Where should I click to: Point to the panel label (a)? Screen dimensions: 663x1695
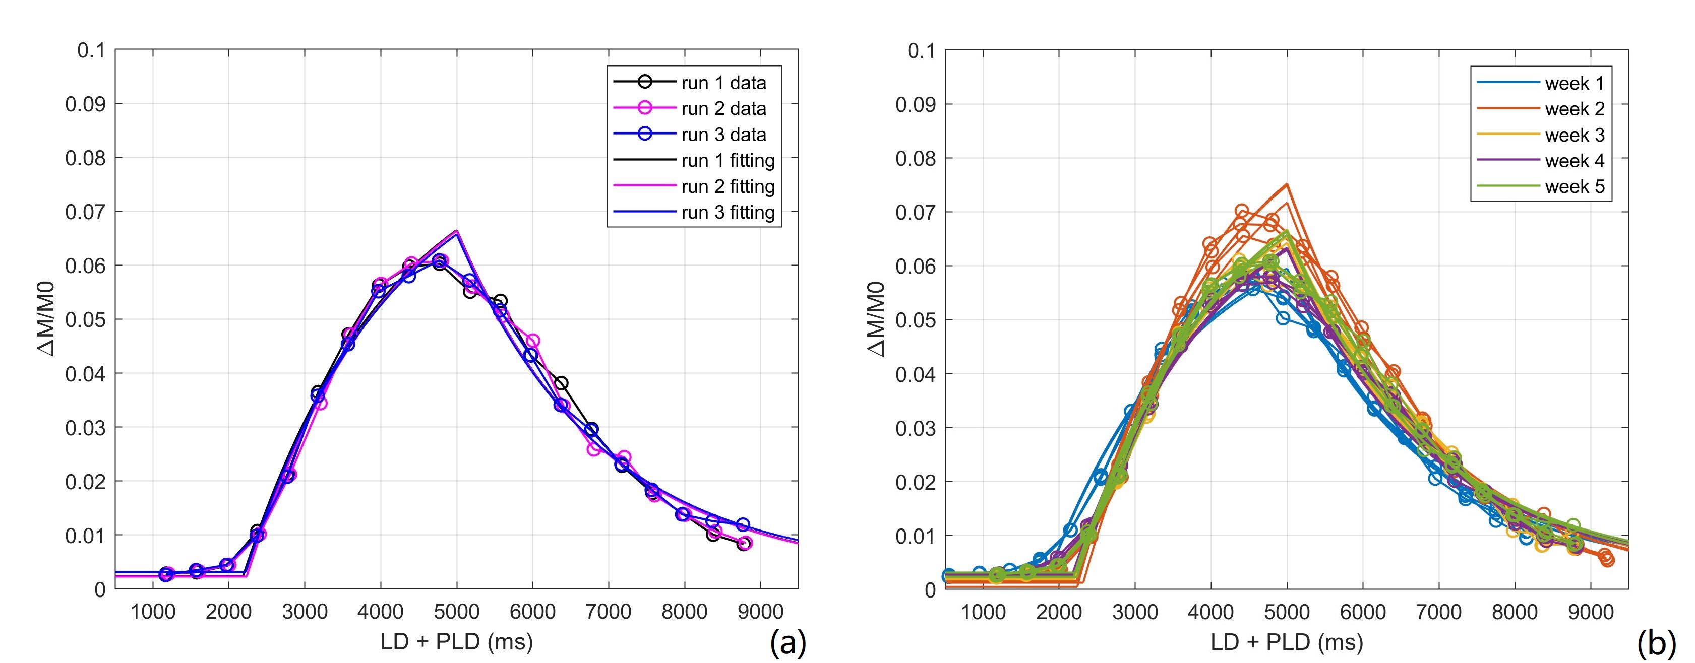[788, 643]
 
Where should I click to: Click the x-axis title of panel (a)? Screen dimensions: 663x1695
[456, 641]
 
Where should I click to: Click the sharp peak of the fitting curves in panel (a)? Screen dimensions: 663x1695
[457, 232]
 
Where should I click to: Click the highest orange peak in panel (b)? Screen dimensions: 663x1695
[1287, 184]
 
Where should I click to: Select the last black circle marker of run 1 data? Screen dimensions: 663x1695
[743, 544]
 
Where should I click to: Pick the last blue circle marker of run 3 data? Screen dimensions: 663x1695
[743, 524]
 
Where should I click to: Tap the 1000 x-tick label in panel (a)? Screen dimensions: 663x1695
[153, 612]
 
